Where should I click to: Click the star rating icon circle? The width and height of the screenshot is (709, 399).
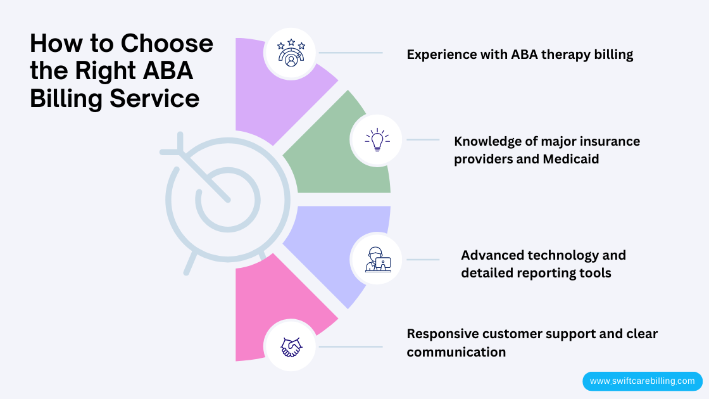click(291, 53)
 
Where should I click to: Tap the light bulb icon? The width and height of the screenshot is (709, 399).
click(377, 140)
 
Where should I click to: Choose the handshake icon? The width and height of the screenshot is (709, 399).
click(291, 346)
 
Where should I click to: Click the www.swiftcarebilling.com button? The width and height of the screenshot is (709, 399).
click(642, 381)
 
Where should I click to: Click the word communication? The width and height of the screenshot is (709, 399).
click(456, 352)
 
